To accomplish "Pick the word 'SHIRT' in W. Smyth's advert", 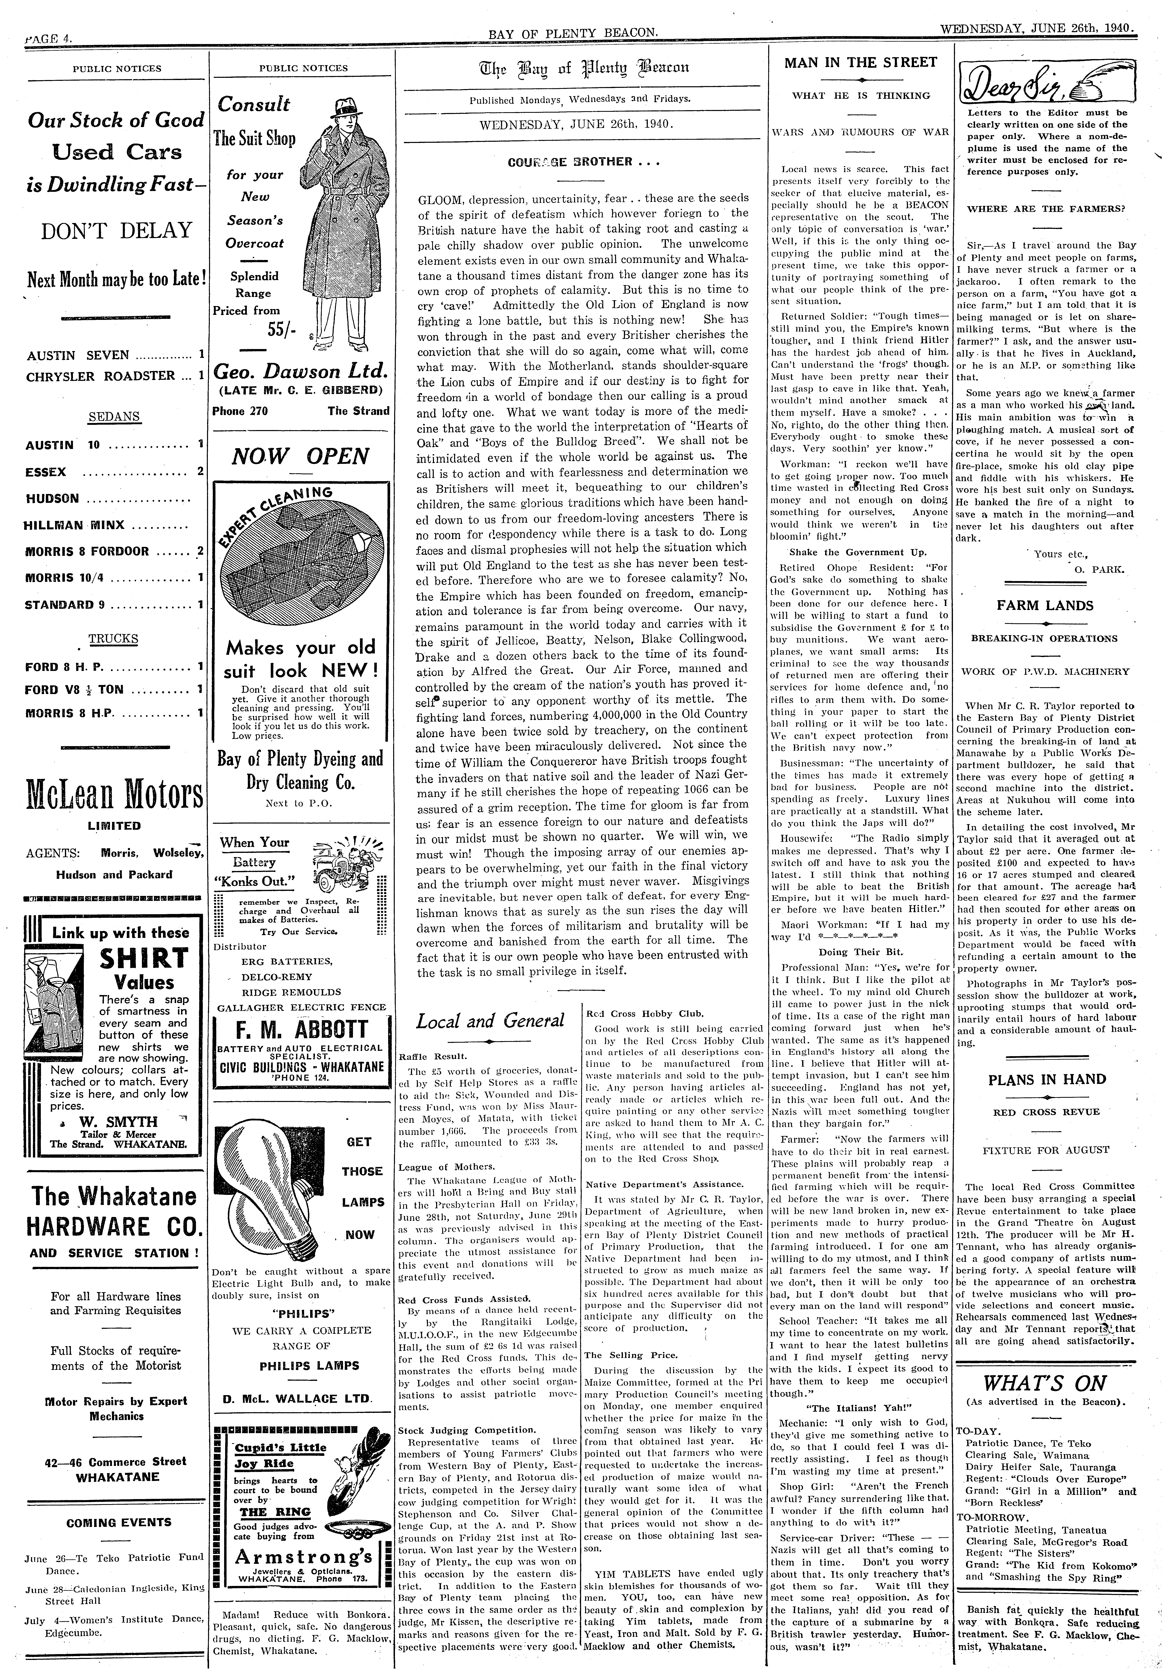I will (x=145, y=958).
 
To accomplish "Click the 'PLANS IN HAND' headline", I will (x=1046, y=1079).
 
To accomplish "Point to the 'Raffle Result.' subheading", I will (x=432, y=1056).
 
